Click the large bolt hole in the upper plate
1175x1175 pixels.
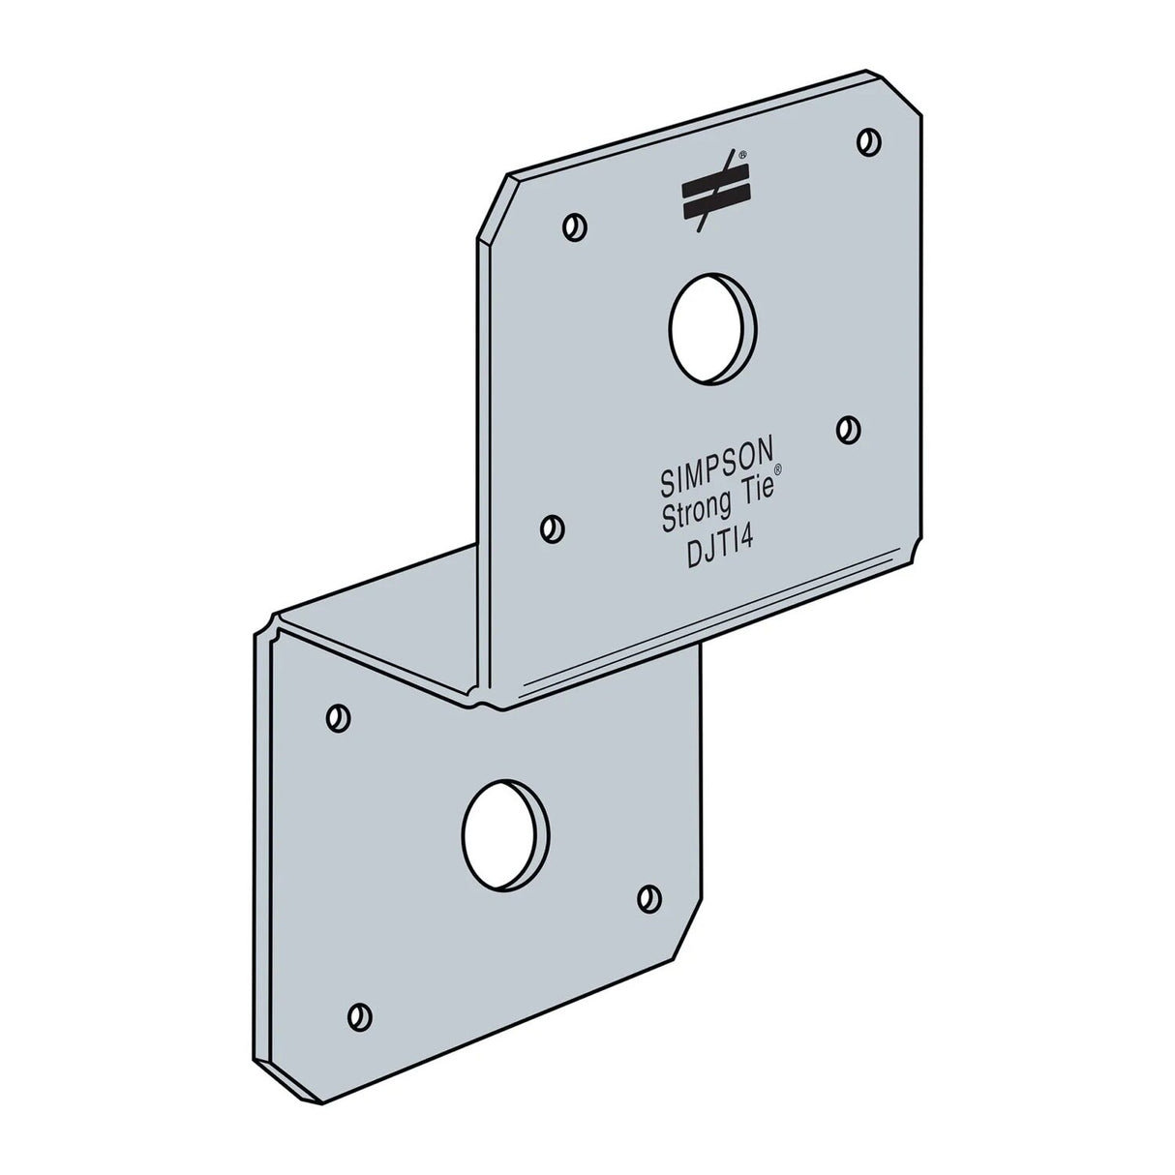(712, 327)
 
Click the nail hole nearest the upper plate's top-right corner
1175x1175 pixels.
(868, 140)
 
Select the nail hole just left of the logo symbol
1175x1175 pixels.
(575, 227)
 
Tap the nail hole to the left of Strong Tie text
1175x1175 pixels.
(552, 528)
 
